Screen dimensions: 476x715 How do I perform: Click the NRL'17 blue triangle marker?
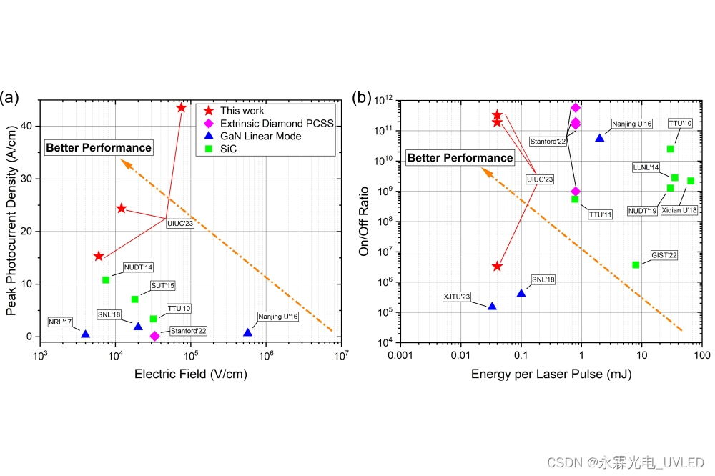(x=85, y=334)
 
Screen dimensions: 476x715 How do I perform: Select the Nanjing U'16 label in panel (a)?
(x=277, y=316)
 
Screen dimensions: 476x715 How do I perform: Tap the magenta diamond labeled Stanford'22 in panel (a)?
(x=154, y=336)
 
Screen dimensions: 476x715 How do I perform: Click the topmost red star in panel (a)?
(x=181, y=108)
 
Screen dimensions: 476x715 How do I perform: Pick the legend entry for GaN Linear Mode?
(x=260, y=136)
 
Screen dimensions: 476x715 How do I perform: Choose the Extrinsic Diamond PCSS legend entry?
(x=276, y=123)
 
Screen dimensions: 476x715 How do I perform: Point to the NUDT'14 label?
(x=138, y=267)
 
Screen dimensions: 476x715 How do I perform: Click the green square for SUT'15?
(x=134, y=299)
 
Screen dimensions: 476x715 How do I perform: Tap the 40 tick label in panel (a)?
(x=26, y=126)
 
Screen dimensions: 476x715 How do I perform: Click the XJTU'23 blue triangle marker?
(x=492, y=306)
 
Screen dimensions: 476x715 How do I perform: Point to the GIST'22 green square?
(x=636, y=264)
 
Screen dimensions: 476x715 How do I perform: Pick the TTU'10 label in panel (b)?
(x=680, y=124)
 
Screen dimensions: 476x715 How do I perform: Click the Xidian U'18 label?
(x=680, y=210)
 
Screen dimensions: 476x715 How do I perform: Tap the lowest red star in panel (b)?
(x=497, y=266)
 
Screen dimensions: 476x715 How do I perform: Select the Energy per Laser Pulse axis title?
(x=551, y=373)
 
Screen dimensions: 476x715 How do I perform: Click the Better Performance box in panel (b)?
(x=460, y=158)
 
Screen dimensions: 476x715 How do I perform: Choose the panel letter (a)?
(x=10, y=97)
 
